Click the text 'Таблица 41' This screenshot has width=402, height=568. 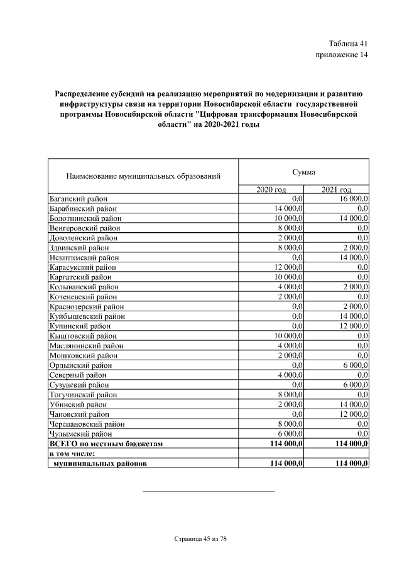tap(347, 43)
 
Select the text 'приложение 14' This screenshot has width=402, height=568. tap(341, 55)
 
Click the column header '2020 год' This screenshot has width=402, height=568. tap(271, 190)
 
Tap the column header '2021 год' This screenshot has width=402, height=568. tap(336, 190)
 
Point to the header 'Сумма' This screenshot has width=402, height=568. tap(303, 172)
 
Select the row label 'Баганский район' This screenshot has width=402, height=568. tap(79, 199)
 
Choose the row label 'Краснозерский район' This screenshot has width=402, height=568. tap(86, 306)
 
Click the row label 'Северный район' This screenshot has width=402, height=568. tap(77, 375)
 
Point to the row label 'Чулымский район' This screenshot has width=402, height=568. tap(80, 434)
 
